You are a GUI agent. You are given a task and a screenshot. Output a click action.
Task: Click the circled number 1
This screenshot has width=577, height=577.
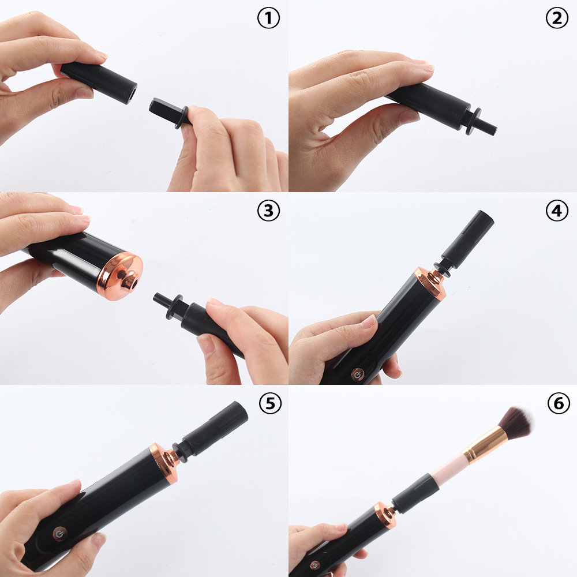point(268,19)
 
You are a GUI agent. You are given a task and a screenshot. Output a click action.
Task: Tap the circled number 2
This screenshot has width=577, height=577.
point(556,19)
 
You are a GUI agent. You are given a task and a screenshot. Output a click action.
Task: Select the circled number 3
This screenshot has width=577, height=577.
point(268,211)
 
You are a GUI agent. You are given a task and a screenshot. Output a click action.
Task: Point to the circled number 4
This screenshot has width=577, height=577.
point(556,211)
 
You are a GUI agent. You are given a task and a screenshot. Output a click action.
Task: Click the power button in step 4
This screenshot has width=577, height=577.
point(358,374)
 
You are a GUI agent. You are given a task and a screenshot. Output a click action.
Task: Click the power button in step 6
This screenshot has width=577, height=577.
point(314,565)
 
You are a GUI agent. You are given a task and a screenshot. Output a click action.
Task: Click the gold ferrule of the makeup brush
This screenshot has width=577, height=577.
point(486,445)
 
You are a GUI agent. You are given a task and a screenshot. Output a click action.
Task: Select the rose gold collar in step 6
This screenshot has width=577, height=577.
point(384,515)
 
